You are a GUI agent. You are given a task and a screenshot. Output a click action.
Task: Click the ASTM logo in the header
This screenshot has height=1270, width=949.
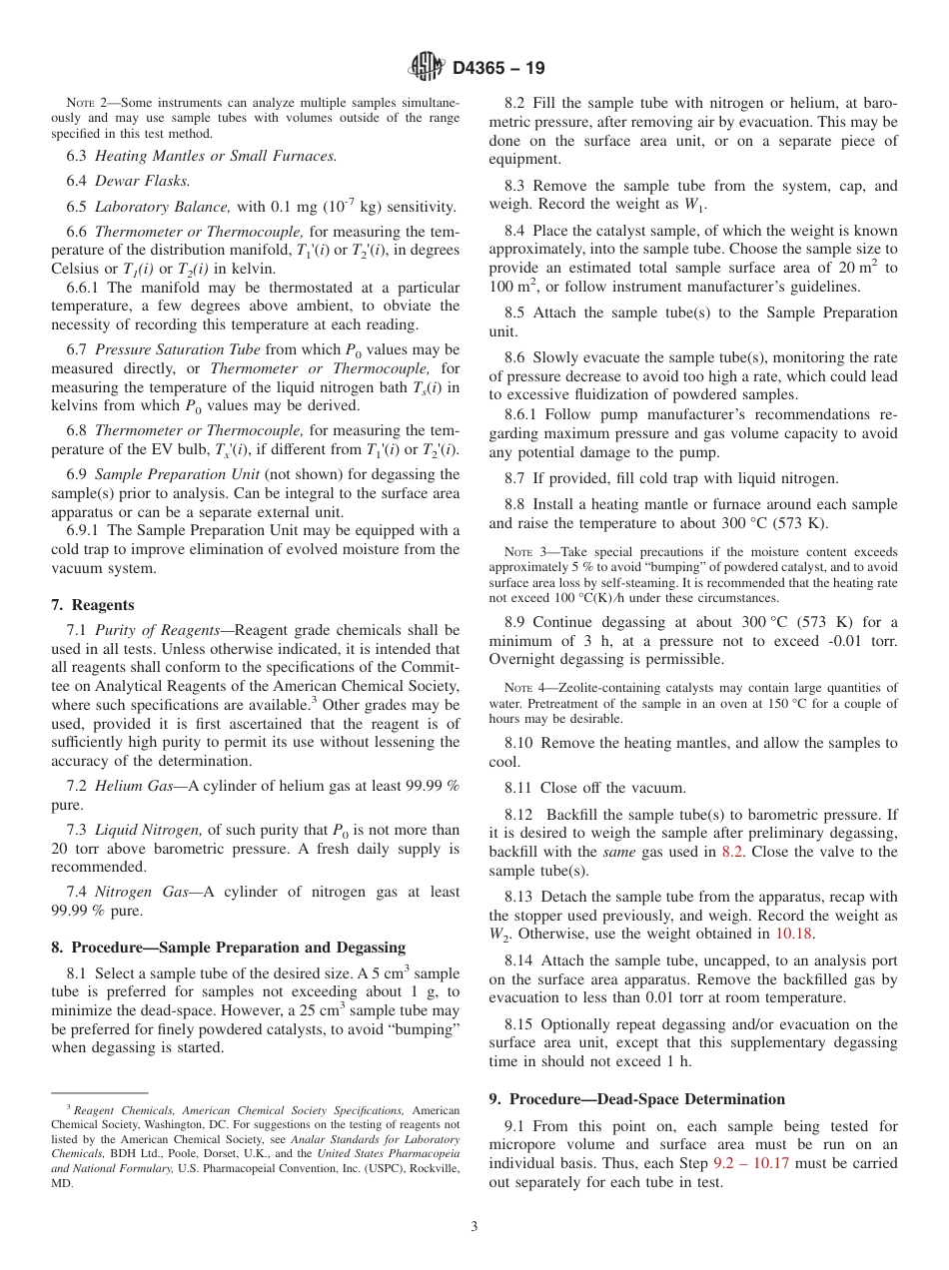(x=427, y=69)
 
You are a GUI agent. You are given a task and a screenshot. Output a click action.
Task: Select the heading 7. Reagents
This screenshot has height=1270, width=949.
(x=92, y=605)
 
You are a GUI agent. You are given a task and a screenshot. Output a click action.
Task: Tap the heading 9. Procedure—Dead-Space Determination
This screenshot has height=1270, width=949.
(x=636, y=1099)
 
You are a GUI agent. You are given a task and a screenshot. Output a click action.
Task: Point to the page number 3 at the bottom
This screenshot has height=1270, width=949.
(x=474, y=1226)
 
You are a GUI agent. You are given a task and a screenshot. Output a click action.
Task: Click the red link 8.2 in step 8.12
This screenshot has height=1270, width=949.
(x=732, y=852)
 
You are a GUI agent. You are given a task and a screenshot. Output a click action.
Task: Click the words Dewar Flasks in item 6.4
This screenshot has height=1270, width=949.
(x=142, y=181)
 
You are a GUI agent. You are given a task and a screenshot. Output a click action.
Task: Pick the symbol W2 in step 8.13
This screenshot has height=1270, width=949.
(x=499, y=934)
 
